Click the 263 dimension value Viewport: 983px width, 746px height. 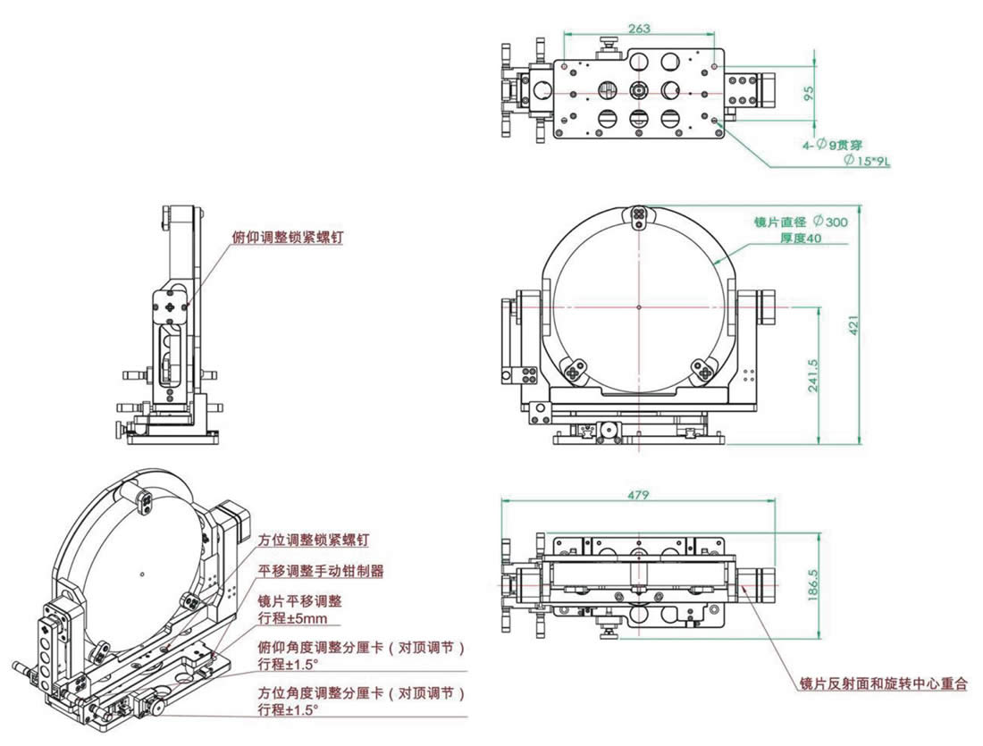pyautogui.click(x=639, y=29)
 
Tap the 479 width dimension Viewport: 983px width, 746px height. pyautogui.click(x=637, y=494)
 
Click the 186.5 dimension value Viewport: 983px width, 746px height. pyautogui.click(x=811, y=585)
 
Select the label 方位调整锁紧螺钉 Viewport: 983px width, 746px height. pyautogui.click(x=313, y=541)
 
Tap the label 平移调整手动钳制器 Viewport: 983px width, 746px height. pyautogui.click(x=321, y=571)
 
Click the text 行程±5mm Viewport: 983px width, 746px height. pyautogui.click(x=292, y=617)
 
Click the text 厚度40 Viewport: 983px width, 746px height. pyautogui.click(x=800, y=238)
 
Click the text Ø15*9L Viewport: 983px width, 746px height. pyautogui.click(x=868, y=160)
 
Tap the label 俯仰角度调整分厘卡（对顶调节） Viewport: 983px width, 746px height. pyautogui.click(x=362, y=648)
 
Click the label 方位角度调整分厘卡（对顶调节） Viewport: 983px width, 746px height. pyautogui.click(x=362, y=694)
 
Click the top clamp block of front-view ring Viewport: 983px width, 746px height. pyautogui.click(x=640, y=214)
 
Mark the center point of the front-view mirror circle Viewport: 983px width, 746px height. pyautogui.click(x=640, y=306)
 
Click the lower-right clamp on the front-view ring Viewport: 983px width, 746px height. pyautogui.click(x=704, y=370)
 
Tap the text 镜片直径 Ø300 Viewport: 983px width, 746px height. pyautogui.click(x=795, y=222)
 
